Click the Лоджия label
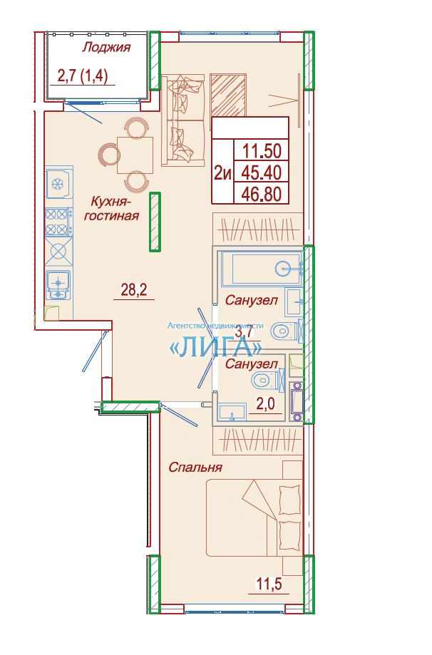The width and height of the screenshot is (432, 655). click(106, 48)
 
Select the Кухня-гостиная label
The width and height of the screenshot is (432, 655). click(112, 209)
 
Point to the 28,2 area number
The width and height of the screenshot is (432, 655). click(134, 289)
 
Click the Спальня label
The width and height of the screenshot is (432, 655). click(195, 467)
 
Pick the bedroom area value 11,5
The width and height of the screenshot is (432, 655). click(269, 583)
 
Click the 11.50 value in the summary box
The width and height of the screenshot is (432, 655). click(262, 150)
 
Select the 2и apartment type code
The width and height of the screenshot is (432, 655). click(222, 172)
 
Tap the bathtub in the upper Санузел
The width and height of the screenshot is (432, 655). click(262, 268)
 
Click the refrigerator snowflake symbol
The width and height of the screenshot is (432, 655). click(56, 183)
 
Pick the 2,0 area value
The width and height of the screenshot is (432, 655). click(266, 405)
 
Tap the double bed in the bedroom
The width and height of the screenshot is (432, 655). click(254, 517)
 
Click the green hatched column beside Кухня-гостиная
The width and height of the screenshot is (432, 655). click(155, 222)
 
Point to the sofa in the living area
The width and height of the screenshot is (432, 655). click(183, 120)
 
